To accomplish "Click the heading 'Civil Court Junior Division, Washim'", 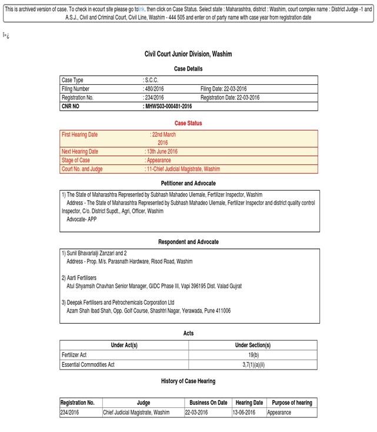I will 188,54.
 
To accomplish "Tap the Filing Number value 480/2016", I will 154,89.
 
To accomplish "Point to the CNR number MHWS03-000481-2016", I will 168,107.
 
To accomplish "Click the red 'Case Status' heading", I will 188,124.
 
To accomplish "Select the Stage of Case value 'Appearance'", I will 158,160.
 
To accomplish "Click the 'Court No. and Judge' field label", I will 82,169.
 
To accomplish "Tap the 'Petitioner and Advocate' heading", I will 188,184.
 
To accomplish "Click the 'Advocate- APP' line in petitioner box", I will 82,218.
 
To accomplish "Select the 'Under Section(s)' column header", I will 253,345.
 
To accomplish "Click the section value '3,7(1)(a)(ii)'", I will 253,365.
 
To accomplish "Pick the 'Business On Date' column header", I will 208,403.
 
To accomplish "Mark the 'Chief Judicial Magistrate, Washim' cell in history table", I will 136,413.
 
